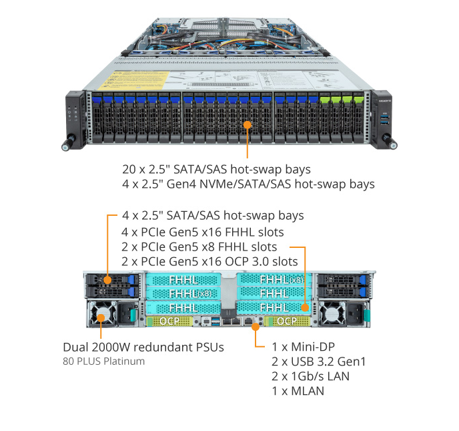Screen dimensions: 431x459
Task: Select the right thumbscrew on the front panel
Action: (394, 143)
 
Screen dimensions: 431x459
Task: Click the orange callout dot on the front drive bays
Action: (248, 124)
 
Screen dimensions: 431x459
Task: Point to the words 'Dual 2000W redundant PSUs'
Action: (143, 347)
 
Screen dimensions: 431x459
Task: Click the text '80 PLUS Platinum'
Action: (103, 362)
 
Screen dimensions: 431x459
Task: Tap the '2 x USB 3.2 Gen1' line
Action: (319, 362)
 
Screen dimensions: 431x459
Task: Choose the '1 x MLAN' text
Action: (298, 390)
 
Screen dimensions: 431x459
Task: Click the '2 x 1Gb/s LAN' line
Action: (311, 376)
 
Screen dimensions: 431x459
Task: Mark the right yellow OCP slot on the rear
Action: (286, 321)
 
